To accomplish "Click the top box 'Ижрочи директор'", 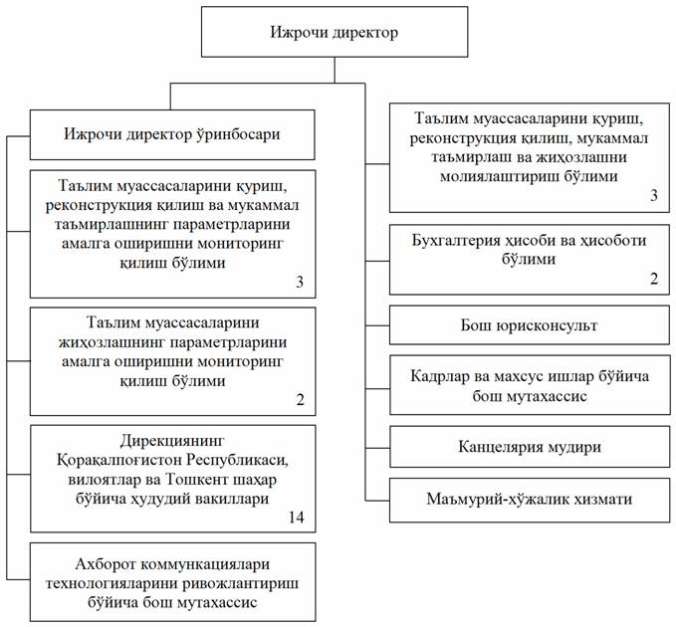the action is tap(335, 32).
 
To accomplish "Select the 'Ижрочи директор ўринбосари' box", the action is tap(172, 134).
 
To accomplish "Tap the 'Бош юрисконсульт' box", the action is tap(530, 324).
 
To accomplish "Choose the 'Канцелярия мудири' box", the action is tap(530, 447).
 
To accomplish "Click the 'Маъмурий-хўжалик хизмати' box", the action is tap(530, 499).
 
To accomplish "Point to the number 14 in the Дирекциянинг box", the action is tap(296, 517).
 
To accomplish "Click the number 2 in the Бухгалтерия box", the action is tap(654, 279).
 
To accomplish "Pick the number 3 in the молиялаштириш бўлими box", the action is tap(654, 195).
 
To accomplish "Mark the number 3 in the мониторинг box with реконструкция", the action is tap(300, 282).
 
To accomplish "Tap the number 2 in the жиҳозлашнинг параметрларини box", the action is tap(300, 399).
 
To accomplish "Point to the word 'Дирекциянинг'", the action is tap(172, 441).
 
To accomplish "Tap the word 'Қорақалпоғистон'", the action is tap(118, 460).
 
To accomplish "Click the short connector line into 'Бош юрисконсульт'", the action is tap(377, 325).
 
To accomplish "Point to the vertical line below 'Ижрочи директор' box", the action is tap(335, 70).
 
